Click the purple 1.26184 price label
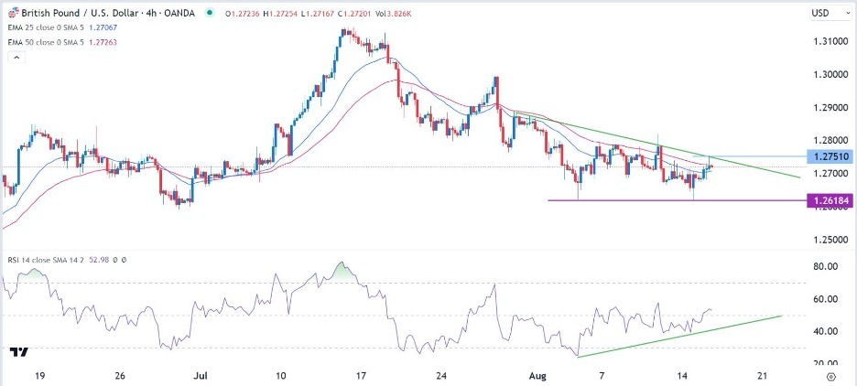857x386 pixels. [x=828, y=200]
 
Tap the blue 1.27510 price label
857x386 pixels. [x=828, y=156]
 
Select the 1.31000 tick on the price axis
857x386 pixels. [x=828, y=41]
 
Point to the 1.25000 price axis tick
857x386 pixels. [x=828, y=240]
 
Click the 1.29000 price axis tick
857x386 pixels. [x=828, y=108]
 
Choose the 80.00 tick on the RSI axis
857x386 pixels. [x=827, y=266]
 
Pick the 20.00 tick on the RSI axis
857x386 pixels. [x=827, y=364]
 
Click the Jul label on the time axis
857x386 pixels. [x=201, y=375]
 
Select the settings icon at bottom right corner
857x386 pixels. [x=830, y=375]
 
